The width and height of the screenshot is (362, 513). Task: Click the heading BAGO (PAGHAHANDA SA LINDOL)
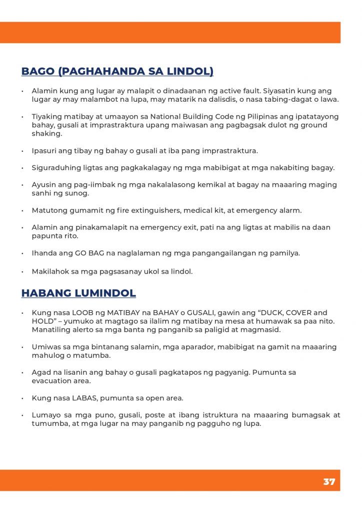(x=117, y=71)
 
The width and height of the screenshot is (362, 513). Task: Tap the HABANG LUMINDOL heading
(x=78, y=293)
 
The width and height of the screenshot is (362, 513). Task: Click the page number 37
(x=329, y=481)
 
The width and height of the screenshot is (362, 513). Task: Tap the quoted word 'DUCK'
(x=268, y=313)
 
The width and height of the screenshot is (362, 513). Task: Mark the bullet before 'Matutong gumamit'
(x=22, y=210)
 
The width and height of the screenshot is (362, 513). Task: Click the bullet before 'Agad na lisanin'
(x=22, y=373)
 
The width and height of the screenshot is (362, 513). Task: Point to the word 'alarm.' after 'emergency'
(x=291, y=210)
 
